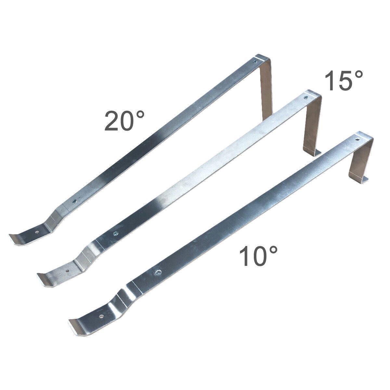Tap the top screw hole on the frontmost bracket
357,139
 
